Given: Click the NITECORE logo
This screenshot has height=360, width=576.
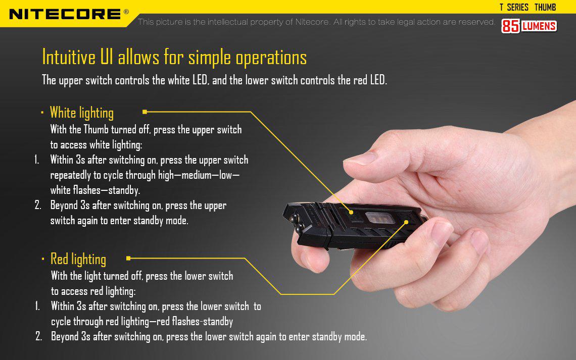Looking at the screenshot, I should click(x=65, y=14).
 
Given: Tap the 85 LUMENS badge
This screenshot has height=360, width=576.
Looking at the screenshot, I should click(x=529, y=26).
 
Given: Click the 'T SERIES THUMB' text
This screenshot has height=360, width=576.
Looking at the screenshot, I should click(x=527, y=7).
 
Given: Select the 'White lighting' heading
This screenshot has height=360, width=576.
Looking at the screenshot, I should click(x=82, y=112).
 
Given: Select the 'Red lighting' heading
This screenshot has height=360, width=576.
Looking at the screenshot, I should click(x=78, y=259).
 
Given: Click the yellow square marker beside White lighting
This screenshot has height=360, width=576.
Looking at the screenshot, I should click(x=145, y=112).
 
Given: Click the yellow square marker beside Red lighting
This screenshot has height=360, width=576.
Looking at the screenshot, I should click(x=128, y=258).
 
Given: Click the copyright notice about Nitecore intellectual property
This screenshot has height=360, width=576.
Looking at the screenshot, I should click(x=316, y=22).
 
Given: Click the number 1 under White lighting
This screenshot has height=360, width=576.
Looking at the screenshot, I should click(x=37, y=160).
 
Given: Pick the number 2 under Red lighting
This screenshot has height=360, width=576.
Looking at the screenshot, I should click(x=38, y=336).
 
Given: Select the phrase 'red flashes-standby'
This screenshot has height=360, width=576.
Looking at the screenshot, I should click(x=202, y=322).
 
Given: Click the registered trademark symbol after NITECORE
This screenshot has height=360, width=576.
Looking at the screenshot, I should click(x=126, y=11).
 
